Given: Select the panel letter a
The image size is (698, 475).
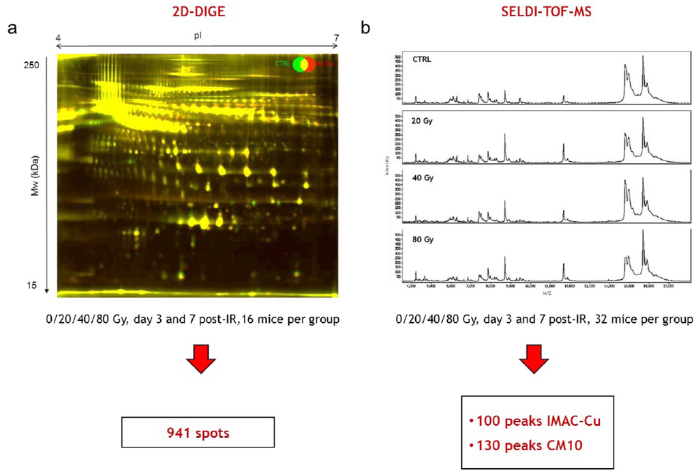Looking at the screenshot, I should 12,29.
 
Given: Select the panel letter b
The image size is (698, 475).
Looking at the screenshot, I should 365,29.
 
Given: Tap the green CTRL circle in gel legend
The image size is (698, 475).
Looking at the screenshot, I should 298,65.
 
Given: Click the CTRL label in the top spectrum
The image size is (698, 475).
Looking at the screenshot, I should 421,59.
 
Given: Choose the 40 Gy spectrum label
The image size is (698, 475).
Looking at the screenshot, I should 422,179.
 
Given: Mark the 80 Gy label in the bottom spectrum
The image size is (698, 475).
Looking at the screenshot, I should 422,240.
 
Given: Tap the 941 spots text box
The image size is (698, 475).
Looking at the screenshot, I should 198,432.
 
